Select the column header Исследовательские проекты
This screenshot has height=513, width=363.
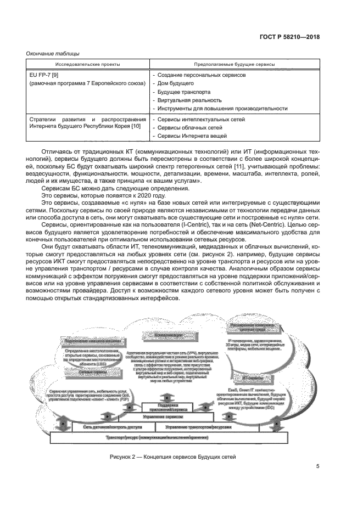(87, 64)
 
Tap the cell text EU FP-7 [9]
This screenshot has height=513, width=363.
(43, 75)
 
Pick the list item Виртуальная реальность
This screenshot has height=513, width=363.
(189, 100)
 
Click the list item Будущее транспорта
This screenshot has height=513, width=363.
(183, 92)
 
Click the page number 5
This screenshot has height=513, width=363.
(317, 467)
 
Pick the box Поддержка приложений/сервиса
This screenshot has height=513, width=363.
(166, 408)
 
